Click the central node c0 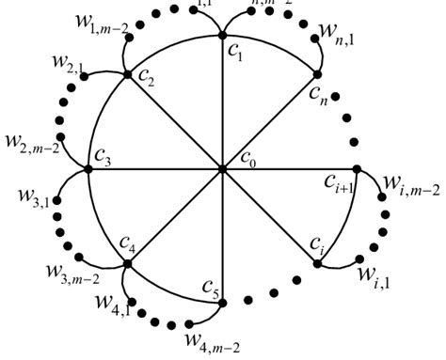(222, 169)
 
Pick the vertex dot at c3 (88, 169)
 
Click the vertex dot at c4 (128, 264)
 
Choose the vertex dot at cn (317, 74)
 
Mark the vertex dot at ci (317, 264)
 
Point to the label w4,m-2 (215, 342)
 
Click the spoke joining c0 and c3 (155, 169)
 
